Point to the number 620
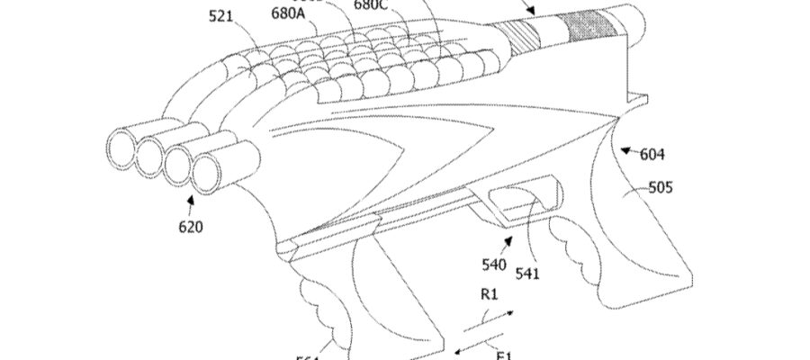(190, 227)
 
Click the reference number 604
(652, 154)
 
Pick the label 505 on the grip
(661, 188)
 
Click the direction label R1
(490, 294)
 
